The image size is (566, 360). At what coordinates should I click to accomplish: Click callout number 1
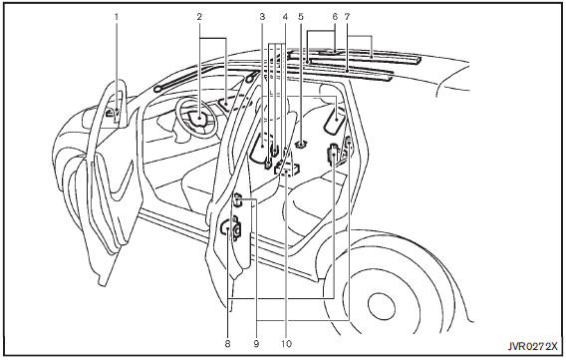click(117, 17)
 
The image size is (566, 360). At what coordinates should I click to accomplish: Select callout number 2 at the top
click(199, 17)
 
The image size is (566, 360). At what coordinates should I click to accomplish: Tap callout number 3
click(262, 17)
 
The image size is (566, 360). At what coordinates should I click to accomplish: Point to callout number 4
click(286, 17)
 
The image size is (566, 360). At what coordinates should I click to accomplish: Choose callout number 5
click(301, 17)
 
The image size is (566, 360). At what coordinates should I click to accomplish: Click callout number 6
click(335, 17)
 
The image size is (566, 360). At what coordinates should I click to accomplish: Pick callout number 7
click(347, 17)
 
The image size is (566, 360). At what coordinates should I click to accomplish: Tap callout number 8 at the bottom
click(227, 344)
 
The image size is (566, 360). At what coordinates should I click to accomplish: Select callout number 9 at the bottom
click(256, 344)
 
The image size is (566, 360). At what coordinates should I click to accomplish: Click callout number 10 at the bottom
click(286, 344)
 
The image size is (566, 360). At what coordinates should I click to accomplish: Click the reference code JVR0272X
click(533, 347)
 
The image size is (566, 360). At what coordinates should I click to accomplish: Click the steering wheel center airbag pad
click(199, 119)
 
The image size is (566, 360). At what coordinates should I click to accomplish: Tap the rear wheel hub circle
click(381, 307)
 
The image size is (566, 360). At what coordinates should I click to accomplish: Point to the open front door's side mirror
click(113, 114)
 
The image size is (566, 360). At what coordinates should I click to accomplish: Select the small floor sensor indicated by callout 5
click(300, 145)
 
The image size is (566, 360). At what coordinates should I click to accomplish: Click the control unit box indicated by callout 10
click(287, 169)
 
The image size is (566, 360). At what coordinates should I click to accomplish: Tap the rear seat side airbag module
click(334, 119)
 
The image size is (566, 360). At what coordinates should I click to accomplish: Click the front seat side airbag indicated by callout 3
click(261, 148)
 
